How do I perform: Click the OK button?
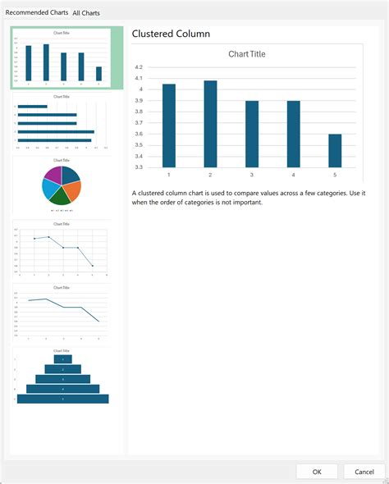tap(318, 471)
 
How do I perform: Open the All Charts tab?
tap(86, 13)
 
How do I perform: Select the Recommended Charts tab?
tap(36, 13)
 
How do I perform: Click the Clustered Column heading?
tap(171, 34)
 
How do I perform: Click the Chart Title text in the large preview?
tap(246, 54)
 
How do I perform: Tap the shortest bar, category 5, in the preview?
tap(335, 150)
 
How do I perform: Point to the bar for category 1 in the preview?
tap(168, 125)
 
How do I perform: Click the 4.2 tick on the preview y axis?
tap(139, 67)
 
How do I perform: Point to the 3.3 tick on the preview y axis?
tap(139, 167)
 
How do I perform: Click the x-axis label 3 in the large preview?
tap(252, 175)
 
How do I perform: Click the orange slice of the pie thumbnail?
tap(71, 190)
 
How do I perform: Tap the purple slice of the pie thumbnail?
tap(54, 174)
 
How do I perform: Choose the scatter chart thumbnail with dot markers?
tap(62, 249)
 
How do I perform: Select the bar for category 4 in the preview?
tap(293, 134)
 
